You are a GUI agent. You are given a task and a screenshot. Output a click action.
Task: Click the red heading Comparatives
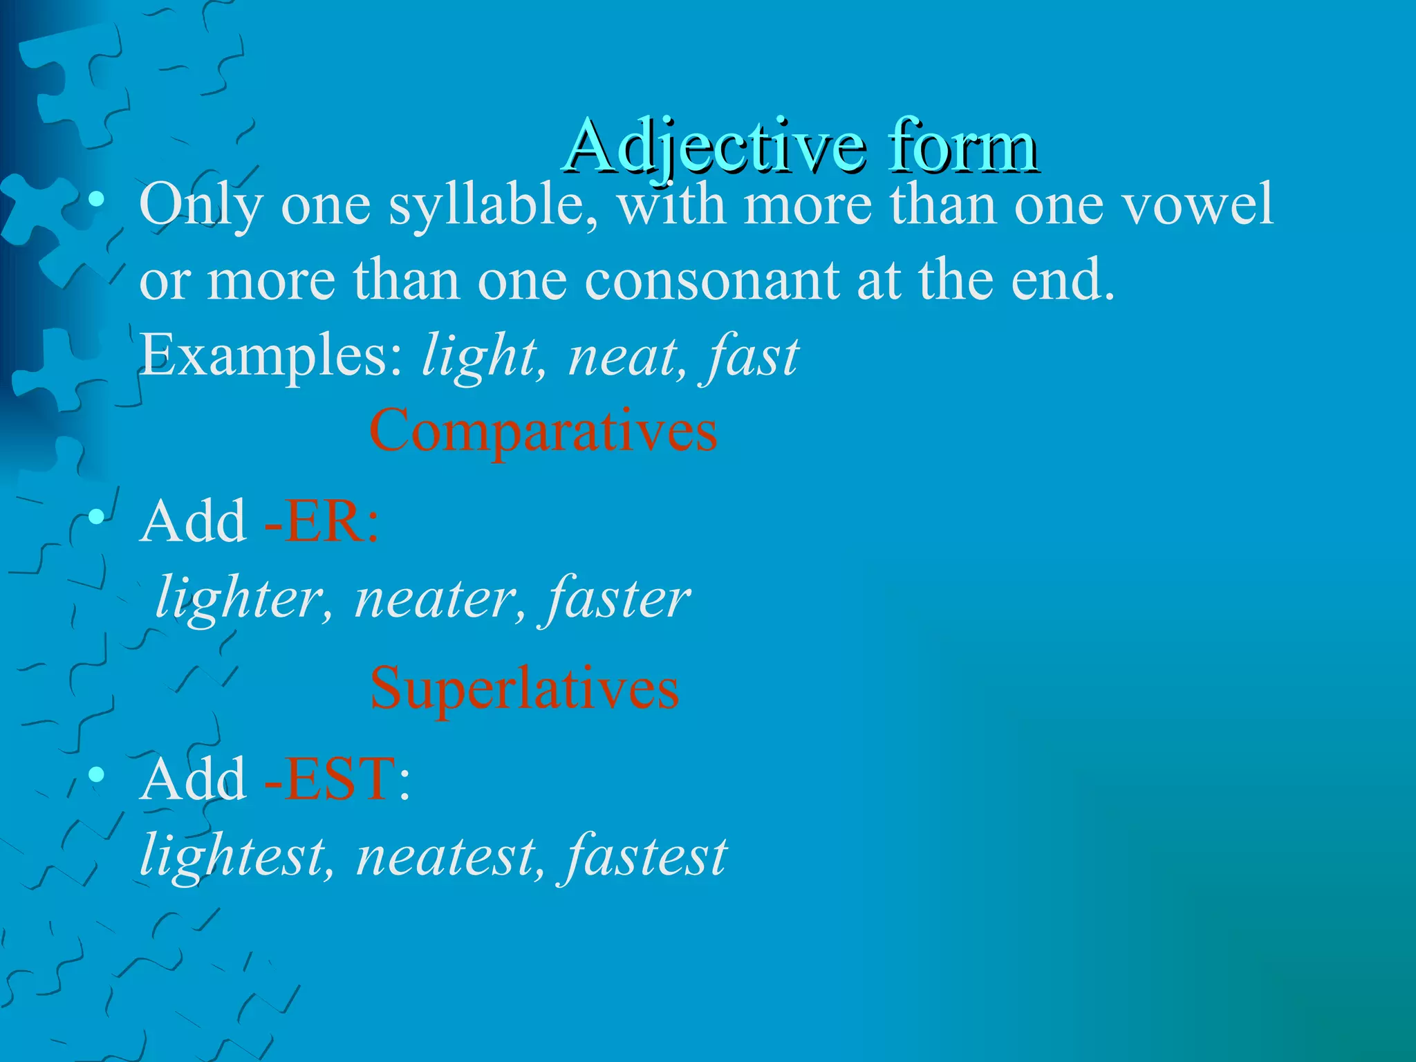[543, 431]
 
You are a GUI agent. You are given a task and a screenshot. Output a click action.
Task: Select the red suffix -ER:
[322, 521]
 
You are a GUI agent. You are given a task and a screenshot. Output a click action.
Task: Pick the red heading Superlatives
[524, 689]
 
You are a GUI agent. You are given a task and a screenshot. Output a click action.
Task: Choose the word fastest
[646, 856]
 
